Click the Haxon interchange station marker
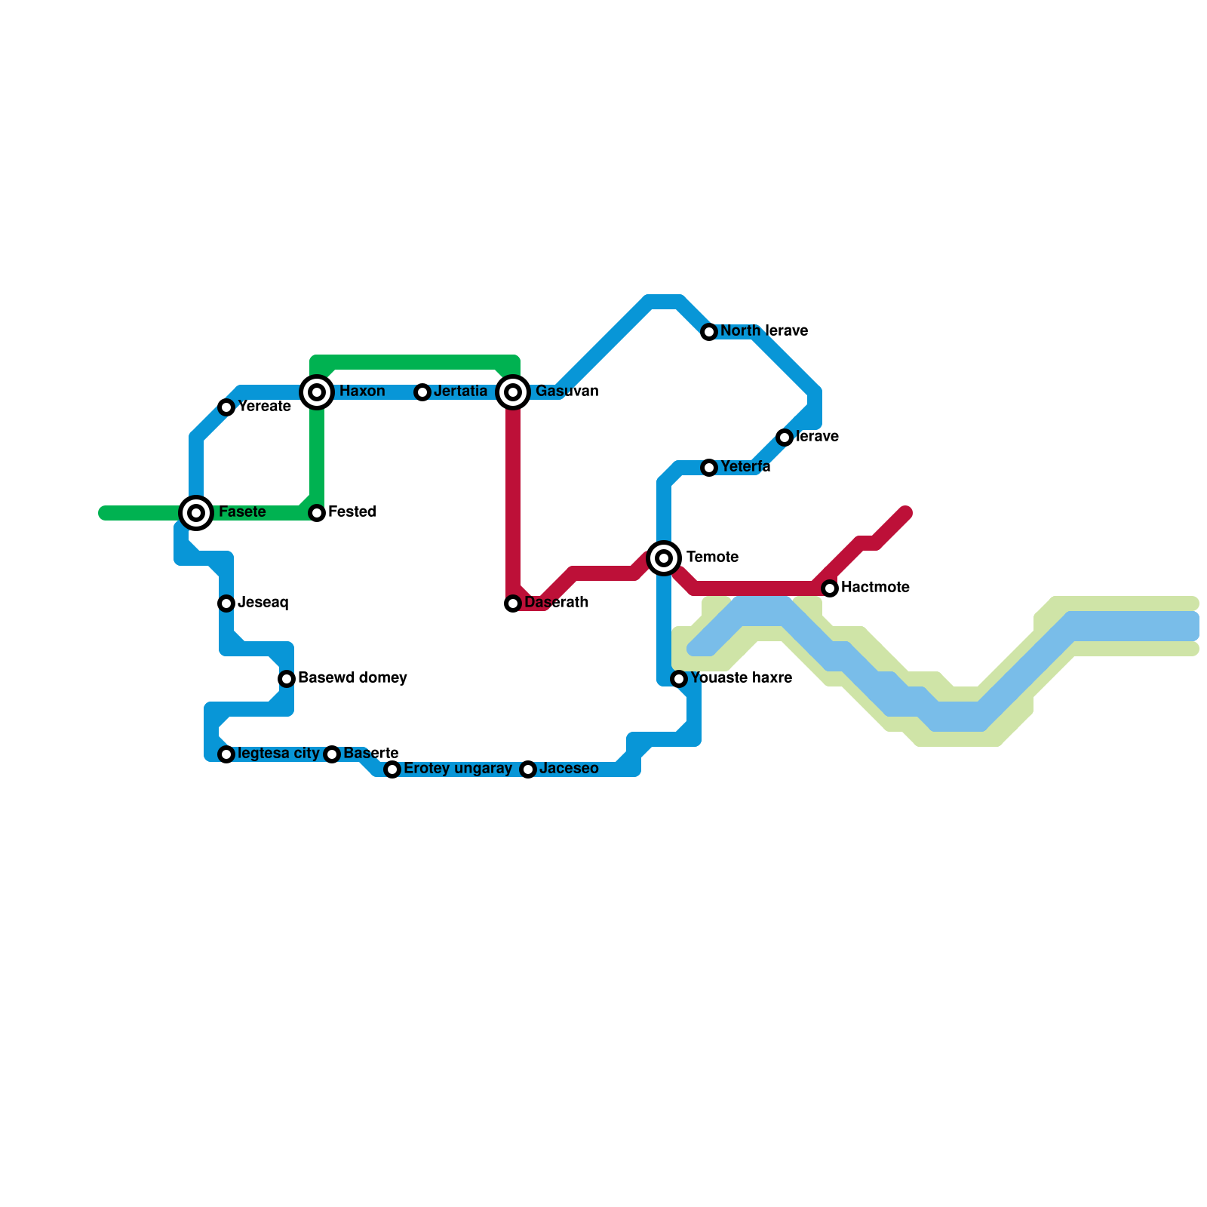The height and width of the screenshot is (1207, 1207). pyautogui.click(x=317, y=392)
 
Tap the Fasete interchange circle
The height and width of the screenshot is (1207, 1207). pyautogui.click(x=196, y=513)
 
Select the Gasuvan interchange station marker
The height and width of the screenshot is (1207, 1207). pyautogui.click(x=513, y=392)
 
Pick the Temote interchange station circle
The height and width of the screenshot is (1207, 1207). pyautogui.click(x=664, y=558)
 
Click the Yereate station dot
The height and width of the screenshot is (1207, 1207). pyautogui.click(x=226, y=407)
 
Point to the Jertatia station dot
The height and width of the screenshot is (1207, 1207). pyautogui.click(x=422, y=392)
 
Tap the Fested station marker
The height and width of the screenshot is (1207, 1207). pyautogui.click(x=317, y=513)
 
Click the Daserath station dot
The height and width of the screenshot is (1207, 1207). pyautogui.click(x=513, y=603)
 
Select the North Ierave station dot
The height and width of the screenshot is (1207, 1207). pyautogui.click(x=709, y=332)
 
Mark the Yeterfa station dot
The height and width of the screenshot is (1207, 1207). pyautogui.click(x=709, y=468)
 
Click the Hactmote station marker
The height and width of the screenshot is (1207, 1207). pyautogui.click(x=830, y=588)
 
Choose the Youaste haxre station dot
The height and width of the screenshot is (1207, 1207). pyautogui.click(x=679, y=679)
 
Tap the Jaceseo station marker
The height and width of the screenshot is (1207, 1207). pyautogui.click(x=528, y=769)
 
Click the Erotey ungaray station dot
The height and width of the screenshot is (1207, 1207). pyautogui.click(x=392, y=769)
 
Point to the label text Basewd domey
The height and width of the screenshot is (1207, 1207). pyautogui.click(x=352, y=678)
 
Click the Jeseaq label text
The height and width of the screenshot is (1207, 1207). pyautogui.click(x=263, y=603)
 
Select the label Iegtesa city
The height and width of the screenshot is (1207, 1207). pyautogui.click(x=278, y=754)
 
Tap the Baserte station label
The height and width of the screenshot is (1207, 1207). pyautogui.click(x=370, y=754)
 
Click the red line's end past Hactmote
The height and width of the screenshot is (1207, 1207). pyautogui.click(x=907, y=513)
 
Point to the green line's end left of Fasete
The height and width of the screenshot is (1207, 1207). pyautogui.click(x=104, y=513)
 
